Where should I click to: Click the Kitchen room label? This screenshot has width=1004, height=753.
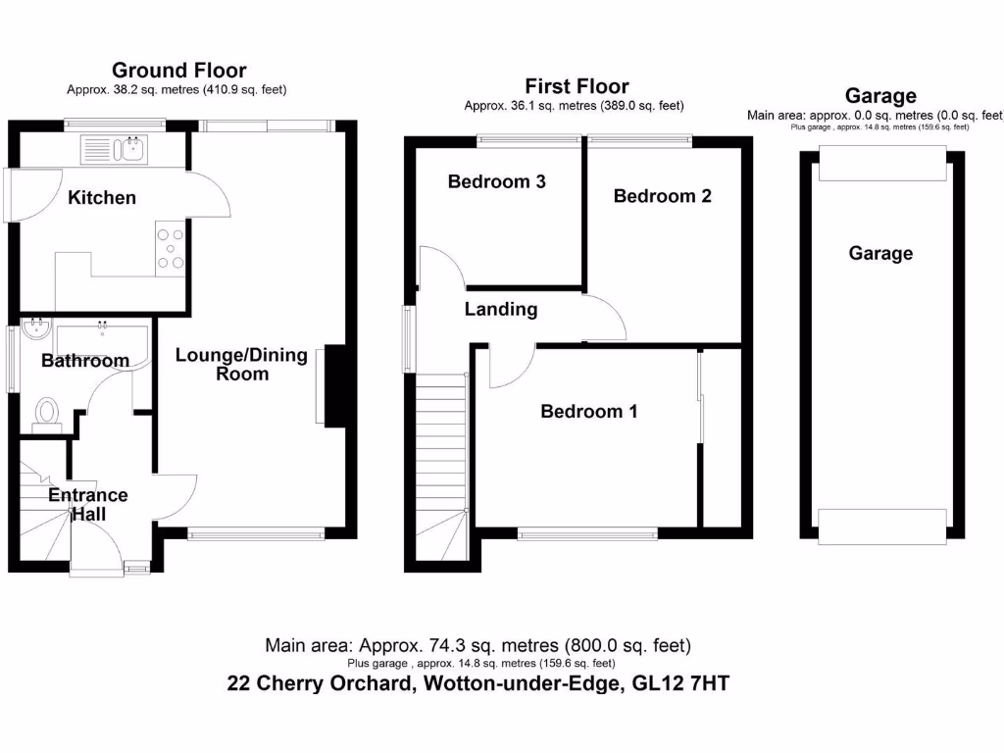[102, 197]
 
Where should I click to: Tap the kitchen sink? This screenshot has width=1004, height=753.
[114, 150]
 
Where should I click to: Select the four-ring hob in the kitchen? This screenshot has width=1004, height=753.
[171, 249]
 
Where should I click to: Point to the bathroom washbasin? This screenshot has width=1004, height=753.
[36, 329]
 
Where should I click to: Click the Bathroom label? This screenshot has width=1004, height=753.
[85, 361]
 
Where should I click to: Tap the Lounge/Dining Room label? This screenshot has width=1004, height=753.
[241, 364]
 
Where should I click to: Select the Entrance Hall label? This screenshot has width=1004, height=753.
[88, 504]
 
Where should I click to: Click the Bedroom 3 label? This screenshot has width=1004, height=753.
[497, 181]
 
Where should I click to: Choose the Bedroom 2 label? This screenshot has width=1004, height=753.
[663, 196]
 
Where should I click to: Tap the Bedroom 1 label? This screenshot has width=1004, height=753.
[589, 411]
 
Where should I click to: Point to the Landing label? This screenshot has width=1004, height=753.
[501, 309]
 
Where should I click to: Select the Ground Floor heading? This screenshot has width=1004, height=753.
[179, 70]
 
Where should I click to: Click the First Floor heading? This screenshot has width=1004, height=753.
[577, 86]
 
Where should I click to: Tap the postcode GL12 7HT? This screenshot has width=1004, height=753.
[680, 683]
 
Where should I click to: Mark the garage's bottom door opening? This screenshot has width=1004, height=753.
[882, 527]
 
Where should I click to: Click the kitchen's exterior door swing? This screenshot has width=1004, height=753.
[33, 195]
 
